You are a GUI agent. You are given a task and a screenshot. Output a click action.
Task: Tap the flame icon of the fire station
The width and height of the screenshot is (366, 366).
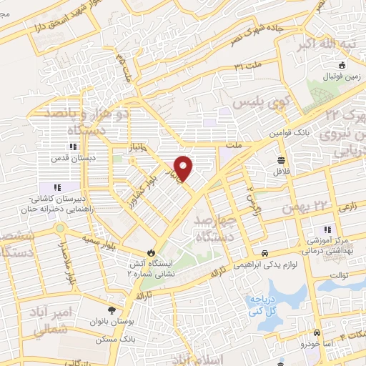click(151, 252)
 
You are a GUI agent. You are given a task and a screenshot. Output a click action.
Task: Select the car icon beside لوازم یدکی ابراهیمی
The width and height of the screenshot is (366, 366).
click(265, 254)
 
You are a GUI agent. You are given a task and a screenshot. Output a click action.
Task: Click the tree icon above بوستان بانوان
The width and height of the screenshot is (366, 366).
click(111, 310)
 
